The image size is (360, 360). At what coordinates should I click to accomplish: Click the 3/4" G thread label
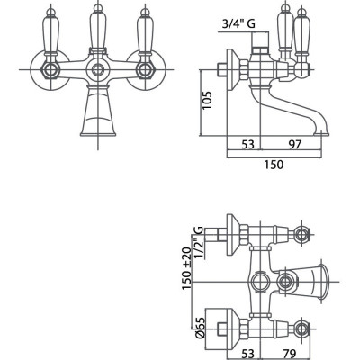click(238, 24)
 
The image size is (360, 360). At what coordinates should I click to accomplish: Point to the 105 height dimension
click(207, 100)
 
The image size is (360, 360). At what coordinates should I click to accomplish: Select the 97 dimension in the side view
click(294, 144)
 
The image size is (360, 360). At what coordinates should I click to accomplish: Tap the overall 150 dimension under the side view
click(274, 165)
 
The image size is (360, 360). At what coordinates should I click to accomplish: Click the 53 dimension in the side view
click(248, 144)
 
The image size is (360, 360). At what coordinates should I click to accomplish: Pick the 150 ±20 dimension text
click(186, 268)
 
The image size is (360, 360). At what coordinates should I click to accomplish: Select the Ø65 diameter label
click(201, 328)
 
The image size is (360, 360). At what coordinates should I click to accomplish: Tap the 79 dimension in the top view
click(290, 353)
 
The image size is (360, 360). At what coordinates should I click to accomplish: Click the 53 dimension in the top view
click(248, 353)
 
